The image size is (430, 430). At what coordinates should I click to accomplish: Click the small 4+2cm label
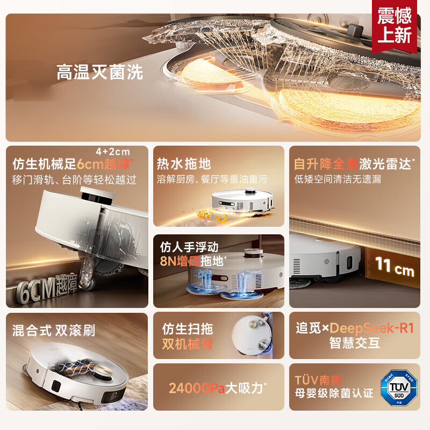pyautogui.click(x=113, y=152)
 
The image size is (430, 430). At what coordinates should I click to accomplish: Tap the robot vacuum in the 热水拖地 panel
pyautogui.click(x=243, y=199)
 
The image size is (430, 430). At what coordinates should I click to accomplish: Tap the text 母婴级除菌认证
pyautogui.click(x=334, y=393)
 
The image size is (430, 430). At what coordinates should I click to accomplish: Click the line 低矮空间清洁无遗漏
pyautogui.click(x=338, y=179)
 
